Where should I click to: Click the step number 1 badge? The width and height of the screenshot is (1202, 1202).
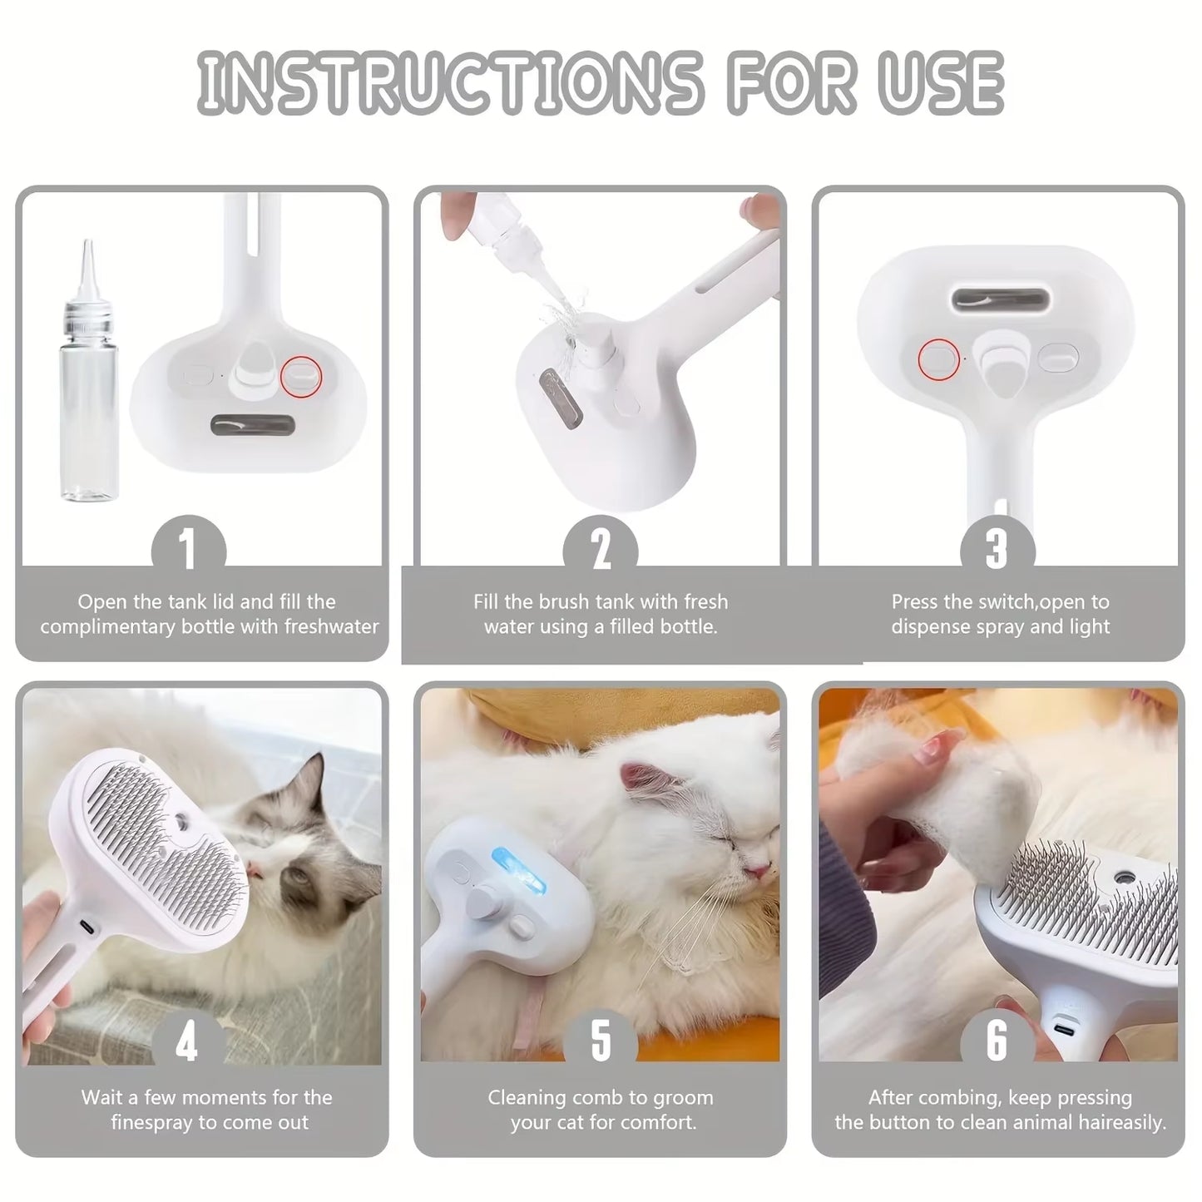188,549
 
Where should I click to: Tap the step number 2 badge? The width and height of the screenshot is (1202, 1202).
600,549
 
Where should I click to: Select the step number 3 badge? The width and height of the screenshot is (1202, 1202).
997,549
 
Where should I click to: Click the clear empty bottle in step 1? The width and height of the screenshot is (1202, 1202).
89,399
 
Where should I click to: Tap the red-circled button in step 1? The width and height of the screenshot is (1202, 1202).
301,376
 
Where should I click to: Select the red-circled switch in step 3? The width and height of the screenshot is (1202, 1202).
938,359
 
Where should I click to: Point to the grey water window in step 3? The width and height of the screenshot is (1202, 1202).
997,299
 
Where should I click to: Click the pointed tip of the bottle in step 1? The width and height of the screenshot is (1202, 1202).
86,248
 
